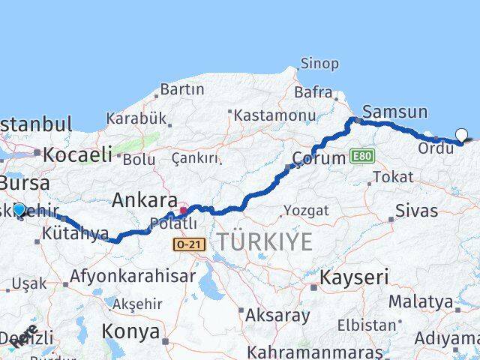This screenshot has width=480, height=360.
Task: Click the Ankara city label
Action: [145, 200]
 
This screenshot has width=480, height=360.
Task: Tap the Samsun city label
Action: [395, 112]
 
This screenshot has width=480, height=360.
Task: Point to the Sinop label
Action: [319, 64]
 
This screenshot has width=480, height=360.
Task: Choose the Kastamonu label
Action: [274, 115]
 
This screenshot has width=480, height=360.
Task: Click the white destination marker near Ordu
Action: [462, 136]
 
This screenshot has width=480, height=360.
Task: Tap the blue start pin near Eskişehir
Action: [19, 211]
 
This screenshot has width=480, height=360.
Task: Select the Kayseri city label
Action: [354, 277]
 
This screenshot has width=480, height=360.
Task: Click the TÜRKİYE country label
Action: [264, 241]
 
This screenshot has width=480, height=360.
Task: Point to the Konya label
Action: [130, 331]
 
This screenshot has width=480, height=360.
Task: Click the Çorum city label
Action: [319, 158]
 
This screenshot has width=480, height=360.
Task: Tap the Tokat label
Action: [393, 177]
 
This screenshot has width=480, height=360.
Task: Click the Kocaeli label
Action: [77, 155]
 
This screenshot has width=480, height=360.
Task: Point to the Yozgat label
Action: [306, 211]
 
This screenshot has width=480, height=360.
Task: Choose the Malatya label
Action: [421, 301]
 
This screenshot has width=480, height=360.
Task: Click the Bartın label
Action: [181, 89]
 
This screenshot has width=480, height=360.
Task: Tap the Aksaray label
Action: [277, 315]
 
